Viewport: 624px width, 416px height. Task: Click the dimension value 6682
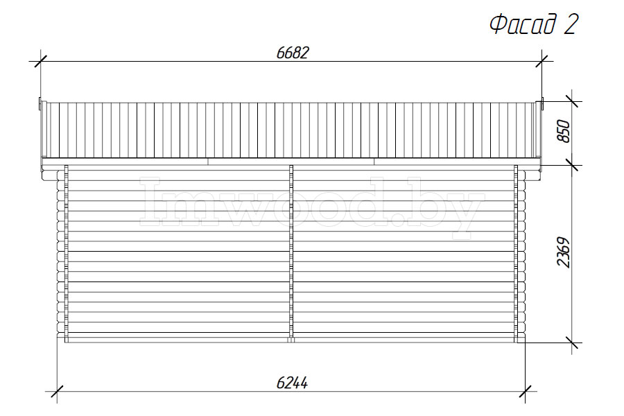[293, 53]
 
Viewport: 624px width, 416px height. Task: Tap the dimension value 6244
[292, 383]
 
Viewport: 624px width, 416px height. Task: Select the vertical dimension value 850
[564, 130]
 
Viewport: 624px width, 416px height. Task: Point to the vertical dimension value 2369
[564, 252]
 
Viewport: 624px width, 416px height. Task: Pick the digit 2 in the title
[571, 24]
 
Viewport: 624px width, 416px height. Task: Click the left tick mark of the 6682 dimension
[41, 61]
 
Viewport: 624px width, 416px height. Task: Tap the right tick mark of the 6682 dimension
[541, 61]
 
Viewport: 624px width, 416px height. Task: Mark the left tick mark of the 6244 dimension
[57, 391]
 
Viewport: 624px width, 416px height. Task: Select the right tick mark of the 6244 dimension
[526, 391]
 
